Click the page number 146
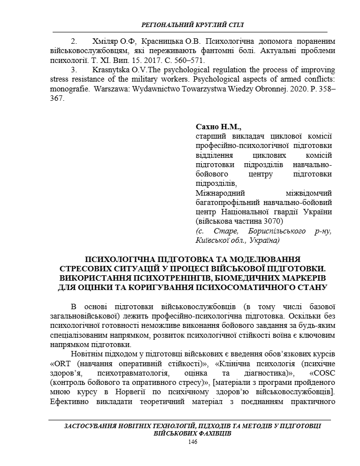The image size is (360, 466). coord(192,442)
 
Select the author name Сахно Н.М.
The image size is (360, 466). coord(215,126)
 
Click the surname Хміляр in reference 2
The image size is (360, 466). coord(106,41)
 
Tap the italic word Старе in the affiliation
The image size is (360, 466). coord(226,231)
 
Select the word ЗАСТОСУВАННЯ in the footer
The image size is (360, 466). coord(94,426)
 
